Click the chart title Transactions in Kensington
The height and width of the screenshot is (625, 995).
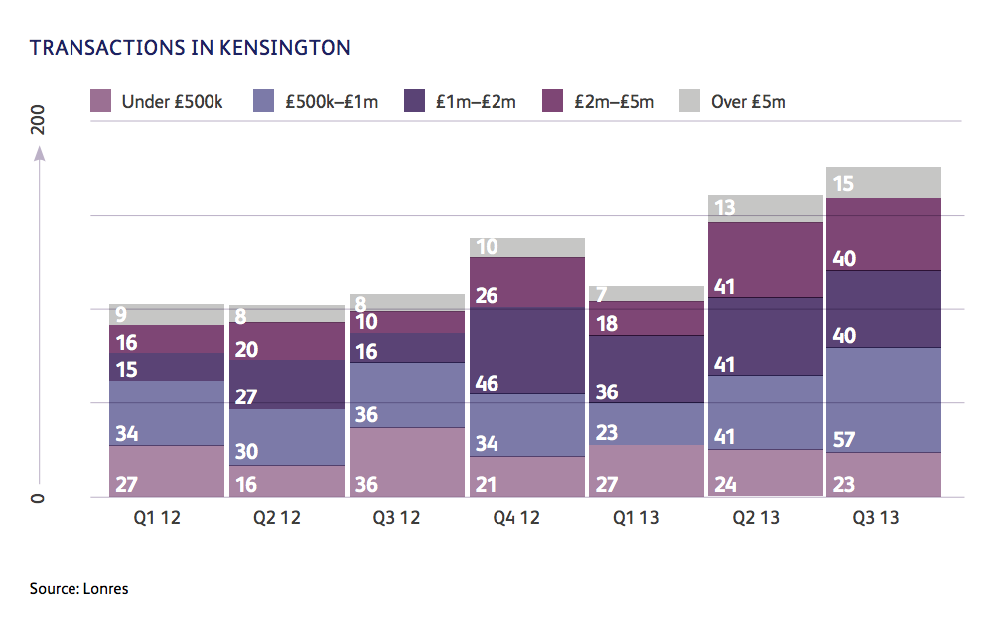click(x=190, y=48)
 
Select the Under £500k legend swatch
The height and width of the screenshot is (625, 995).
click(x=101, y=101)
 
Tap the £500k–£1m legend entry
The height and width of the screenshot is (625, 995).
click(x=317, y=101)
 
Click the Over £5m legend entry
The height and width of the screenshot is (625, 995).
click(x=733, y=101)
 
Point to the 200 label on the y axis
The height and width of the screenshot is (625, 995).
click(x=39, y=121)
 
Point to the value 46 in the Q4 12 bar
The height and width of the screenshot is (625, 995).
click(x=487, y=383)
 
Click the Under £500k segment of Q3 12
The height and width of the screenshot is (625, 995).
click(x=407, y=462)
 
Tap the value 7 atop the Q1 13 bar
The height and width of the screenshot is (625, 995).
click(x=602, y=294)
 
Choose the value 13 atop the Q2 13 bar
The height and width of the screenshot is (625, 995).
click(x=724, y=208)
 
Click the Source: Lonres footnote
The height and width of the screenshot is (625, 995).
click(x=79, y=589)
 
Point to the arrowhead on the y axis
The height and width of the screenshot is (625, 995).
click(x=39, y=153)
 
